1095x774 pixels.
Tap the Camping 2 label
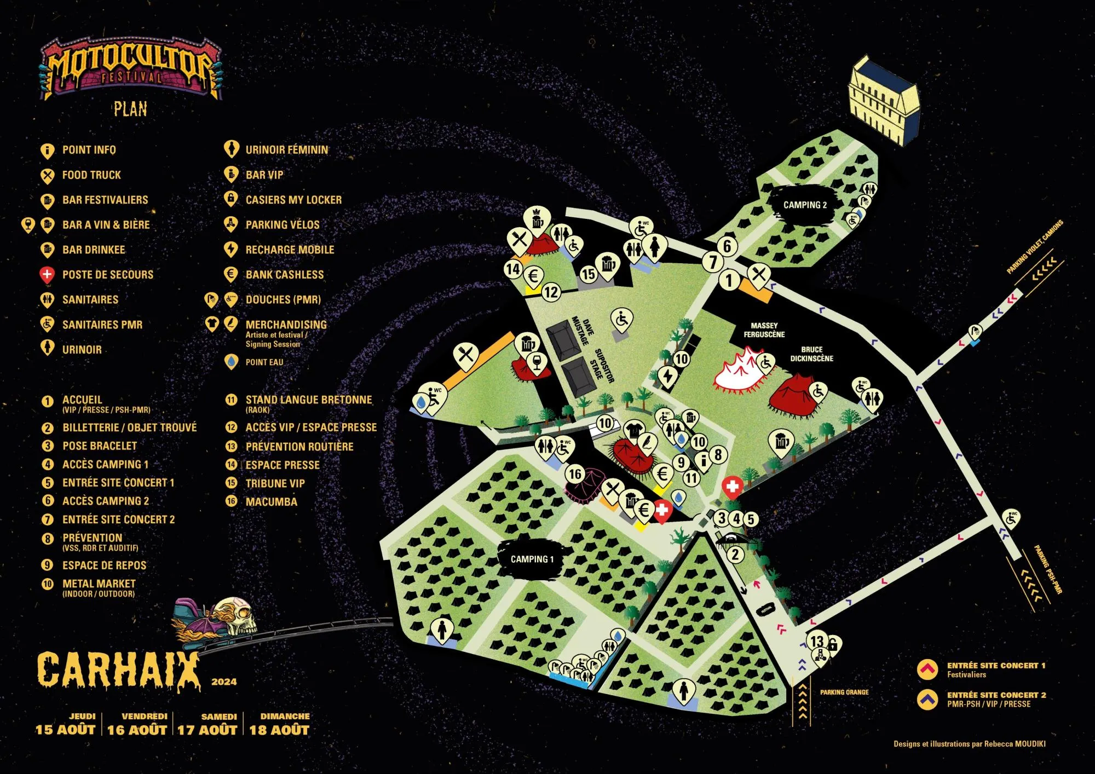pos(805,205)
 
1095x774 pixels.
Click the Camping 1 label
pos(532,559)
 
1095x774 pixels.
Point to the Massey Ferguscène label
pos(764,330)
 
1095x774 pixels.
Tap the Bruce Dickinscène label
pos(811,354)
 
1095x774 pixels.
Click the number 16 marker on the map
pos(575,473)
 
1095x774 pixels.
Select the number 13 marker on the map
pos(816,640)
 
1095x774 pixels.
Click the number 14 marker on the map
pos(513,269)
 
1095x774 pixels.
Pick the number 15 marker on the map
pos(588,274)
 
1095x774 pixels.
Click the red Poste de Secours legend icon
pos(48,274)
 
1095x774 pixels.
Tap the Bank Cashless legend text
pos(284,275)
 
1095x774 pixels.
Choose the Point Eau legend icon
pos(231,362)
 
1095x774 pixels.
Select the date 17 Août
pos(207,729)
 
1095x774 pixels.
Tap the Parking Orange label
pos(844,692)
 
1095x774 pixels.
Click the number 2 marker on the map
pos(735,554)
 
